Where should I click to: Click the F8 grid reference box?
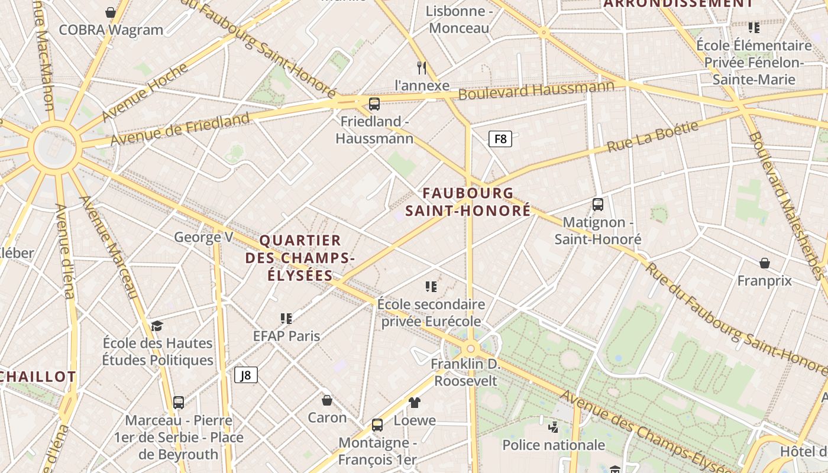click(x=500, y=139)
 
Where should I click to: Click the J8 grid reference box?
click(x=246, y=375)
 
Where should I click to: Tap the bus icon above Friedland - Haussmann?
click(x=374, y=104)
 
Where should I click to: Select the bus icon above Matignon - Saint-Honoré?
click(x=597, y=205)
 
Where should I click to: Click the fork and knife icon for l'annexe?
click(x=422, y=68)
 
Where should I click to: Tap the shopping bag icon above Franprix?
click(x=764, y=263)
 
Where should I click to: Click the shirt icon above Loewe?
click(x=415, y=403)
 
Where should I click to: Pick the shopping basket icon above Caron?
click(x=326, y=400)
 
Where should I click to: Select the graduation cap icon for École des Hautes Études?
click(x=157, y=326)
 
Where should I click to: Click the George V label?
click(x=203, y=238)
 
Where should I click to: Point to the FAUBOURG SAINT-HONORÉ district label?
click(x=468, y=202)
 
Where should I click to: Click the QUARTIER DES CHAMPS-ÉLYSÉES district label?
click(x=300, y=258)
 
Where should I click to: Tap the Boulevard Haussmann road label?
click(x=536, y=90)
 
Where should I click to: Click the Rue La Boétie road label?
click(x=653, y=136)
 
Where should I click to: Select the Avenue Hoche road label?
click(x=145, y=92)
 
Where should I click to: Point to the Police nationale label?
click(x=554, y=445)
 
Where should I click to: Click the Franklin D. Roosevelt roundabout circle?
click(x=471, y=349)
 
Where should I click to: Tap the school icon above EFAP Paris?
click(x=286, y=319)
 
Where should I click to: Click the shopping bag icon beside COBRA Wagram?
click(x=110, y=12)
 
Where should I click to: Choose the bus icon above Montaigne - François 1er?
click(x=377, y=425)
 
